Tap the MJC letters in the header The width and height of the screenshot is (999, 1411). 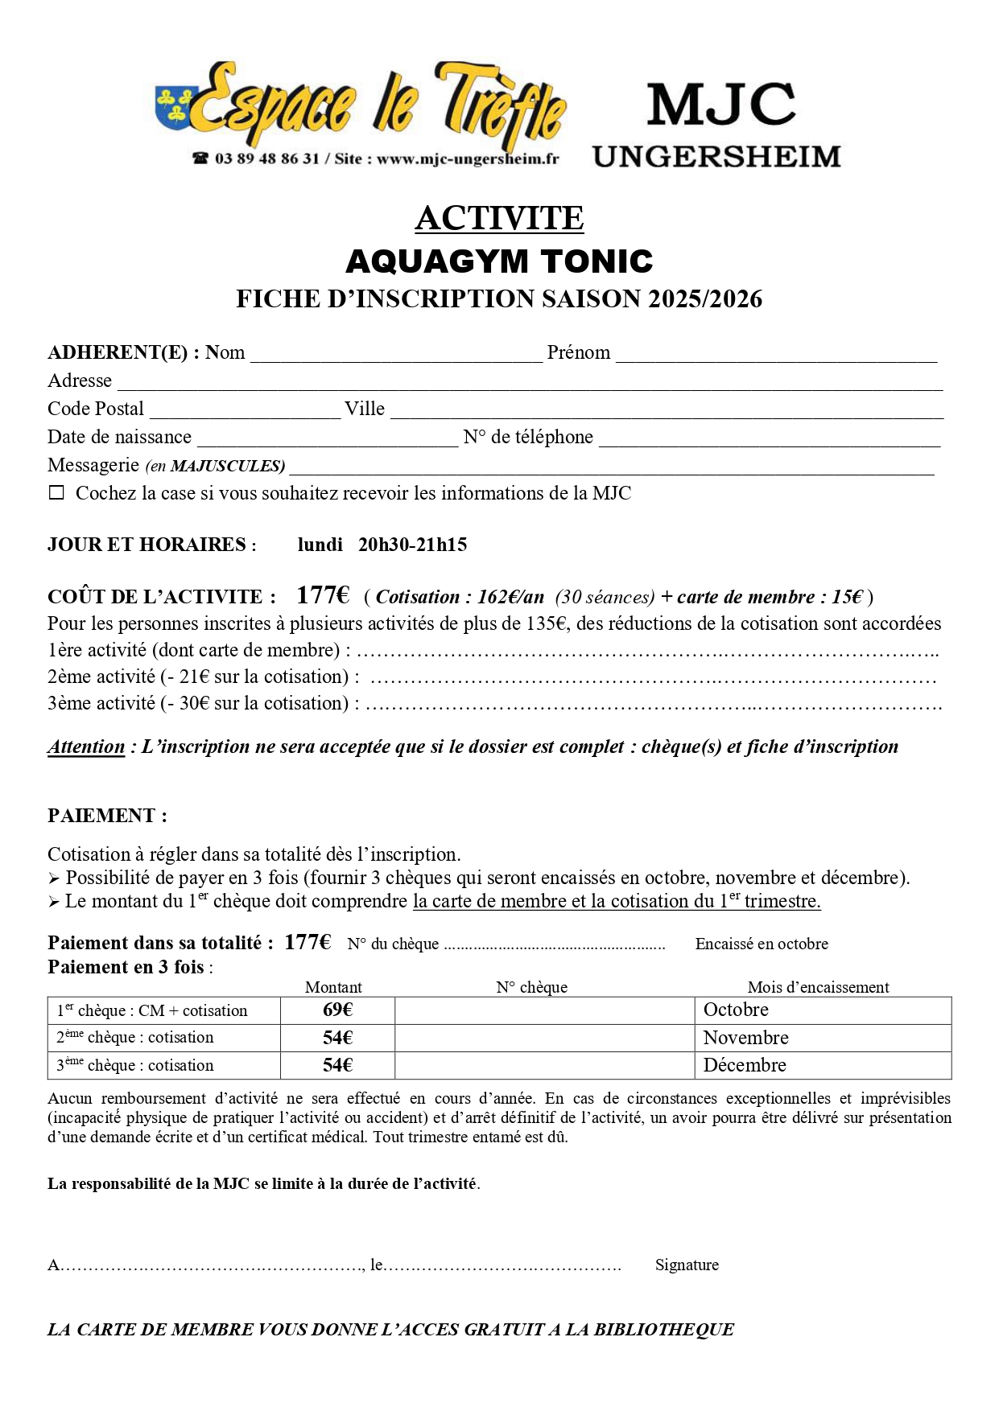[720, 105]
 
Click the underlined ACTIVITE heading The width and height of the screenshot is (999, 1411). [499, 218]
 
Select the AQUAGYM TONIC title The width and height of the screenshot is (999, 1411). [499, 261]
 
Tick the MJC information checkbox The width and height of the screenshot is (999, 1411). [56, 493]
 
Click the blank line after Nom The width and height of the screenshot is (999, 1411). [396, 354]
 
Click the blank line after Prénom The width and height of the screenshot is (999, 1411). [776, 354]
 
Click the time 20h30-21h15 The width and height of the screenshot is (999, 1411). [412, 545]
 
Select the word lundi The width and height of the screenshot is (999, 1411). [320, 545]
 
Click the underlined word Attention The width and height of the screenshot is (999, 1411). [86, 747]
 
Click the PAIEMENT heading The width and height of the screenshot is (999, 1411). [107, 816]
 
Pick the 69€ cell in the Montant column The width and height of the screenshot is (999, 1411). [337, 1010]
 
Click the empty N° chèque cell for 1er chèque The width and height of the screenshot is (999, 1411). [544, 1010]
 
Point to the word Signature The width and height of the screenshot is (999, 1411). [687, 1265]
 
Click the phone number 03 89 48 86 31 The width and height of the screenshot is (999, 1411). [266, 158]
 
